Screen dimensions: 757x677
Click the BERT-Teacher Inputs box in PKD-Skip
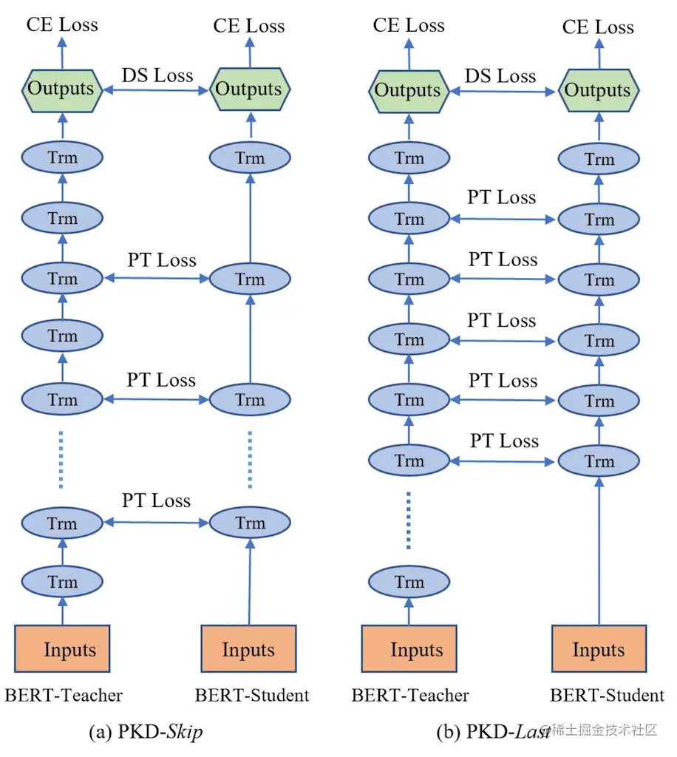coord(62,650)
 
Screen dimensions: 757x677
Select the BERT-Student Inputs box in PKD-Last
coord(599,650)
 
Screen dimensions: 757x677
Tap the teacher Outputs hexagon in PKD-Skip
coord(61,89)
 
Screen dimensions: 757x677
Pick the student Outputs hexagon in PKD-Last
coord(598,91)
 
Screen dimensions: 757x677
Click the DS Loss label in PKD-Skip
coord(157,75)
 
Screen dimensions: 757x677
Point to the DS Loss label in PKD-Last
coord(500,76)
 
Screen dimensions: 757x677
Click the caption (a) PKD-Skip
coord(146,732)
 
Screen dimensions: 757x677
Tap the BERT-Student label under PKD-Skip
coord(252,695)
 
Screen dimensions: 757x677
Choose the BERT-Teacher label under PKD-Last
coord(410,695)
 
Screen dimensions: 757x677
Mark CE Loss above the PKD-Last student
coord(598,27)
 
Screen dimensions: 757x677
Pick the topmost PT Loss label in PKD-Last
coord(502,197)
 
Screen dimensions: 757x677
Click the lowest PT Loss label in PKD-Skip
coord(157,500)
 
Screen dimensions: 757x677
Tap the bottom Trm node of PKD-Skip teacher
coord(62,583)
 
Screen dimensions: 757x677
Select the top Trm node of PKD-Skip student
coord(249,157)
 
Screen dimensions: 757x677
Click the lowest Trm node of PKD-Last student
coord(599,462)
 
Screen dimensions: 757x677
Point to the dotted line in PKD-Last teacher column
coord(409,521)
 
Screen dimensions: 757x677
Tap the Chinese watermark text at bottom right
coord(602,730)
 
